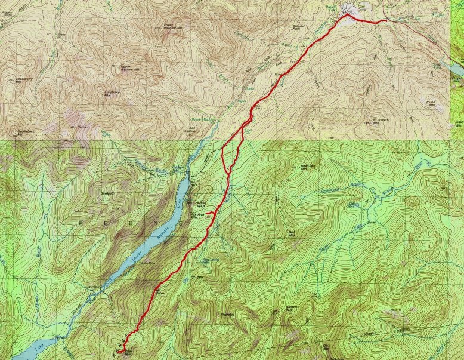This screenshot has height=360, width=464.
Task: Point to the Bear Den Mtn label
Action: (307, 168)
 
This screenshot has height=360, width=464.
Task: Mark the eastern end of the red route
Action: (386, 21)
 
